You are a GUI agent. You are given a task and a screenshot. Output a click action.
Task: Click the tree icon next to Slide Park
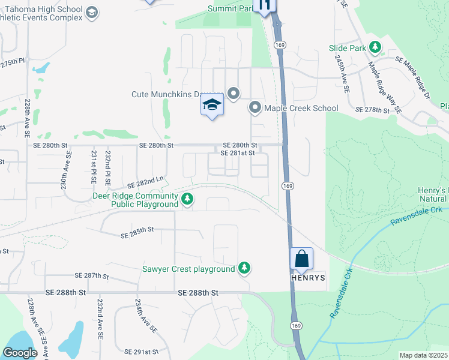point(375,47)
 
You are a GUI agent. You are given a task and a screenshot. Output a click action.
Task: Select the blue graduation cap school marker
point(212,105)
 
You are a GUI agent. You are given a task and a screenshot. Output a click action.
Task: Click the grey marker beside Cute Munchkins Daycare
point(234,94)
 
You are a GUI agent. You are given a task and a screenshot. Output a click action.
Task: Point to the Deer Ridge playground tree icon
point(187,199)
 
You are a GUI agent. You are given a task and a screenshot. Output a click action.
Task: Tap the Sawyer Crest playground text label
point(188,269)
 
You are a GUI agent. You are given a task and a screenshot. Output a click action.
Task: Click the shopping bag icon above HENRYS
point(302,259)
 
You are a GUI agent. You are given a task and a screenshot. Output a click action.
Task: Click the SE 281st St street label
point(238,153)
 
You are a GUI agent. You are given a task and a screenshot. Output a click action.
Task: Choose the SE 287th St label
point(91,275)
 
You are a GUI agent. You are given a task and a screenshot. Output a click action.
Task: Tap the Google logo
point(20,353)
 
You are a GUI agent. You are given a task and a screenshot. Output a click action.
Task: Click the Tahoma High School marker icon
point(92,12)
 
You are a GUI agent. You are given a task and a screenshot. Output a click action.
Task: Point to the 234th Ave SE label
point(145,316)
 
